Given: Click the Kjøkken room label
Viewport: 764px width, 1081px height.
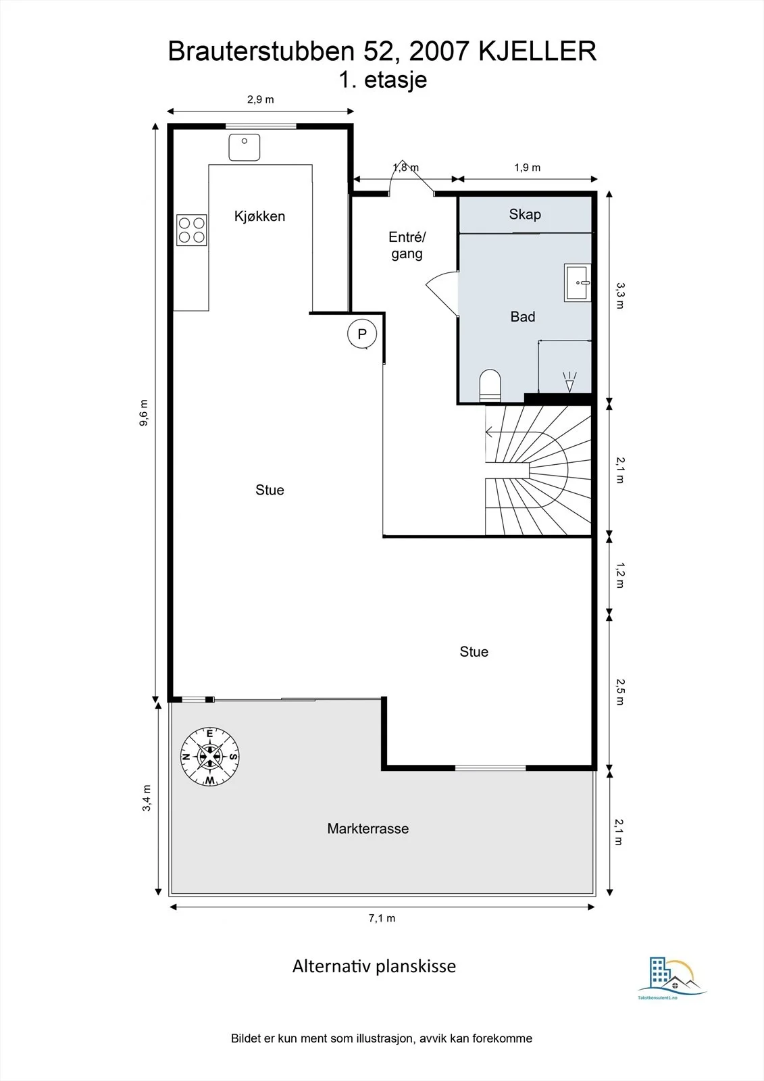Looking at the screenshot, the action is tap(259, 216).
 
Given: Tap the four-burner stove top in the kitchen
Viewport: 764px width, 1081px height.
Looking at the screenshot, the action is tap(192, 230).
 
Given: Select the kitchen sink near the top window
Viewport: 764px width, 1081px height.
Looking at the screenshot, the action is tap(245, 147).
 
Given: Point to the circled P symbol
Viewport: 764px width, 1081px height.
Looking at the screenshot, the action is tap(362, 334).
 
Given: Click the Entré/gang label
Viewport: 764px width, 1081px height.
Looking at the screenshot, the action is tap(407, 245).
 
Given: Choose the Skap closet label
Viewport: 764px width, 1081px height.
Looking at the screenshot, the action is tap(525, 214).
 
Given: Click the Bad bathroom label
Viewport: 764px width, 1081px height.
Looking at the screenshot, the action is tap(523, 317).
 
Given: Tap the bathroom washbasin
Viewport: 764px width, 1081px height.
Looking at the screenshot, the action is tap(578, 283).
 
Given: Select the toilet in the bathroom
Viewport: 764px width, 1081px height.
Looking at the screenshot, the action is tap(490, 385).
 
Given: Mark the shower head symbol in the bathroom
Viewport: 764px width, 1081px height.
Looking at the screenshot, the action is tap(569, 382).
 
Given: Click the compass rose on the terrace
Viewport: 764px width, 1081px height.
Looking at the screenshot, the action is tap(210, 756).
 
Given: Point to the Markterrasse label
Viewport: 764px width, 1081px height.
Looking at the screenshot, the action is tap(367, 828).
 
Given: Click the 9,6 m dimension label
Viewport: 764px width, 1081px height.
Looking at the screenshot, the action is tap(144, 413).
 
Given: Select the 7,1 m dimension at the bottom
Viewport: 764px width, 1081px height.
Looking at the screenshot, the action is tap(382, 918).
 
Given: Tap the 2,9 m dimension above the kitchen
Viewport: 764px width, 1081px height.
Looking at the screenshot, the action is tap(261, 99).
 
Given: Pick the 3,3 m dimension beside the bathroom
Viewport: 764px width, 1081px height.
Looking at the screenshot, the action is tap(619, 295).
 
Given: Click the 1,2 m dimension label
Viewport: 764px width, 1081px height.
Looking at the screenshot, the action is tap(620, 575).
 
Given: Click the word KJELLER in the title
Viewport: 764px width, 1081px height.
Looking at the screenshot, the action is tap(537, 51).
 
